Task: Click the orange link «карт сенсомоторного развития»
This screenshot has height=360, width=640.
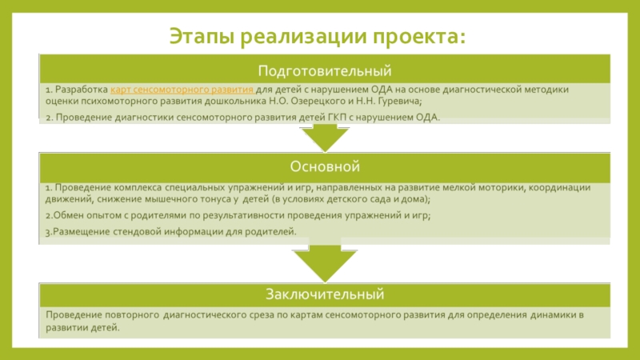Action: (182, 89)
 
